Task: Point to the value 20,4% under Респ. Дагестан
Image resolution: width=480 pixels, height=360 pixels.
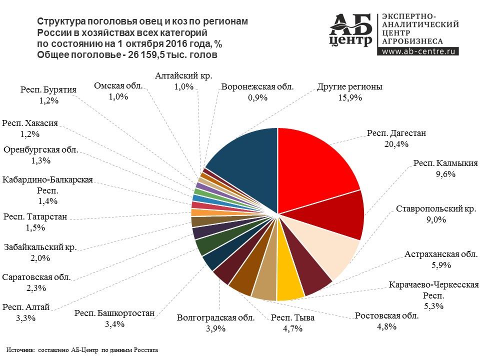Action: click(397, 144)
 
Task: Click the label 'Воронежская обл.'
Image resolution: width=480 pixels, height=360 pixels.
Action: click(257, 86)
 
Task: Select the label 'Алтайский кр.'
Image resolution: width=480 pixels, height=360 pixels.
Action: click(183, 76)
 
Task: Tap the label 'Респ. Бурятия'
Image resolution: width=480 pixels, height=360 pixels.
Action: click(48, 90)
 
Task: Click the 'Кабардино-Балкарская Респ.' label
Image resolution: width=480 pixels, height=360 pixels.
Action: click(48, 185)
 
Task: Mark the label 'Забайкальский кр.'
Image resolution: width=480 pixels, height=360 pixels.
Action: click(41, 247)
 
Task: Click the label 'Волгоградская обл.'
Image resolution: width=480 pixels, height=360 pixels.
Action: click(215, 317)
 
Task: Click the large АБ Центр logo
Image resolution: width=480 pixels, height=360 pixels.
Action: click(352, 29)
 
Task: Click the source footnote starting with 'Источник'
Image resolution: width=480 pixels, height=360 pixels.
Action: click(82, 350)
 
